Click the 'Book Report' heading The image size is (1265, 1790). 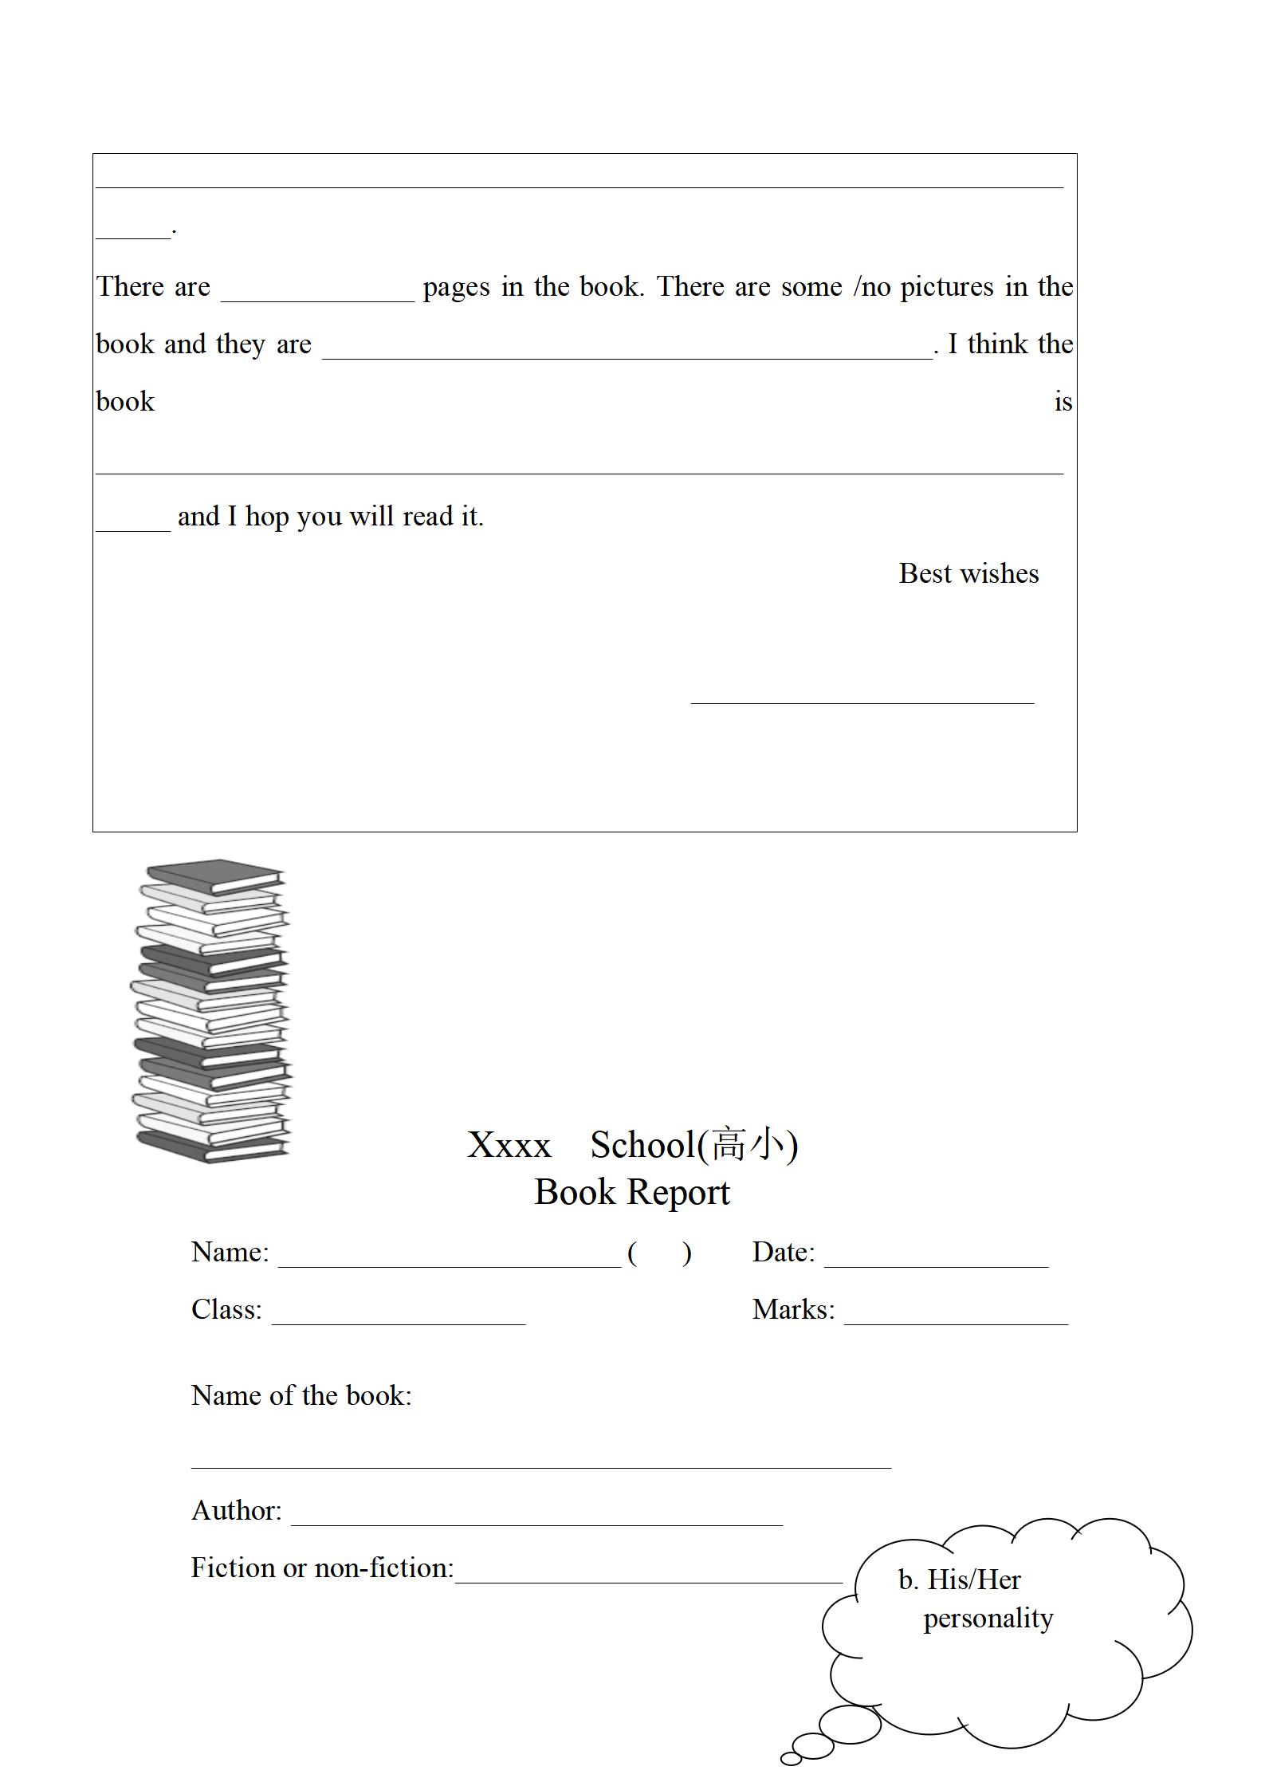point(631,1193)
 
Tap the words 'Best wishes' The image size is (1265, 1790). point(968,574)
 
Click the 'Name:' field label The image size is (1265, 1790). point(230,1253)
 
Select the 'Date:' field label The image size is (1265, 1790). point(783,1253)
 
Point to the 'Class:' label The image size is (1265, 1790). point(226,1310)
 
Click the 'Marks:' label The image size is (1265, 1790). point(793,1310)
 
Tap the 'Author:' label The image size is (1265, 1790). point(236,1511)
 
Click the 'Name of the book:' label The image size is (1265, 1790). point(301,1396)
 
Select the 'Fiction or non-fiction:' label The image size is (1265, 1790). point(322,1568)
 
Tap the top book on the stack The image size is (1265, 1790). point(215,875)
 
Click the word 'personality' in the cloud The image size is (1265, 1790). point(988,1619)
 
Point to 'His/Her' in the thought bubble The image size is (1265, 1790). point(973,1580)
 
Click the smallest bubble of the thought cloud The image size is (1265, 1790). point(791,1759)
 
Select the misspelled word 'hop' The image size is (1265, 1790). point(266,517)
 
